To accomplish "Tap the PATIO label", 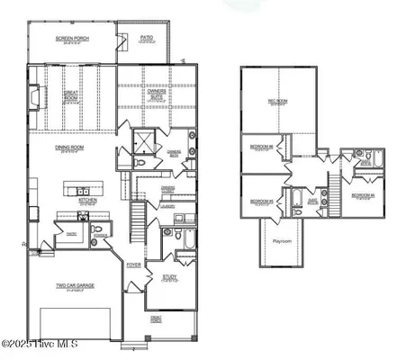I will [x=147, y=39].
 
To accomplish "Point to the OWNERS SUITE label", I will [x=157, y=93].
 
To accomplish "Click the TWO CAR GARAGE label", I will [x=75, y=286].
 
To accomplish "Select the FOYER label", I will [x=133, y=265].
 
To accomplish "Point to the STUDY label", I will [x=169, y=277].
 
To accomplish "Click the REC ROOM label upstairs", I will [x=276, y=102].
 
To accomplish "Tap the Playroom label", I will [x=283, y=240].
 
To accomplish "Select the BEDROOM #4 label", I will [x=362, y=195].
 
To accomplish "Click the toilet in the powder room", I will [x=167, y=236].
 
